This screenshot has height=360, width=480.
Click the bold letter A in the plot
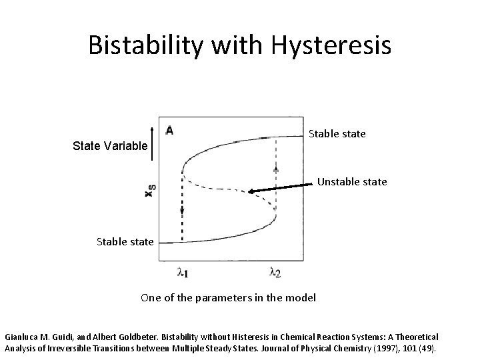pyautogui.click(x=170, y=131)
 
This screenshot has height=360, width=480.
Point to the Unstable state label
pyautogui.click(x=352, y=181)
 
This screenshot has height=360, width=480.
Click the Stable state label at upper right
pyautogui.click(x=337, y=134)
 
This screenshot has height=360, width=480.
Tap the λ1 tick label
pyautogui.click(x=181, y=272)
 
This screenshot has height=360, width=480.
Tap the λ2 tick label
pyautogui.click(x=274, y=272)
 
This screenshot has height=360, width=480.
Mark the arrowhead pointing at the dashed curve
pyautogui.click(x=252, y=193)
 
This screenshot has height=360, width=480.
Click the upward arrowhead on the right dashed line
pyautogui.click(x=276, y=171)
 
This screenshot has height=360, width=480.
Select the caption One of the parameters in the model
pyautogui.click(x=229, y=297)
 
